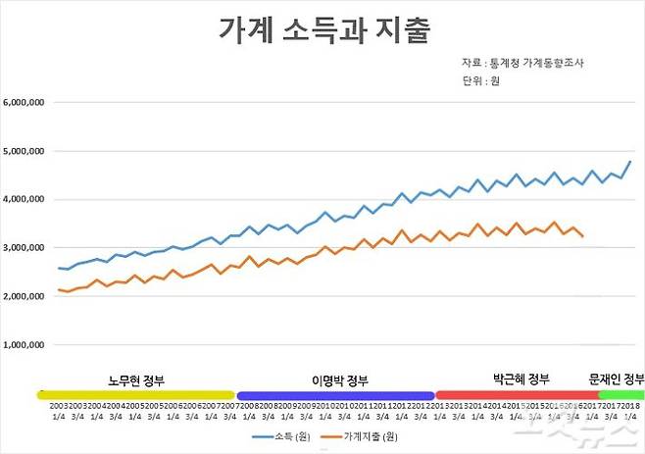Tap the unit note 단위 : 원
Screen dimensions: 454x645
tap(481, 82)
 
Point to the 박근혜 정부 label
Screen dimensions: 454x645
tap(521, 378)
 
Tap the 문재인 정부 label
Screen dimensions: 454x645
tap(616, 378)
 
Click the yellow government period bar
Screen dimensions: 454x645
tap(135, 394)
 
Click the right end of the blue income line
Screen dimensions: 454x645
tap(630, 162)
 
